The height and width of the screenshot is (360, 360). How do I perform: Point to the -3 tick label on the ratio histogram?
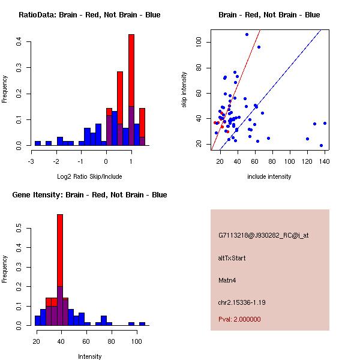tap(31, 160)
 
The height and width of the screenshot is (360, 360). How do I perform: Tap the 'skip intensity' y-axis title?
tap(185, 90)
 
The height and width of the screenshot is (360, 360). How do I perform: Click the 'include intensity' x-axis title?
tap(269, 176)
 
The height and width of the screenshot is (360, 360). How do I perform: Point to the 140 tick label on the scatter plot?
tap(325, 160)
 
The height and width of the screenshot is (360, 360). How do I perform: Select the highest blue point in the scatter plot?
tap(247, 34)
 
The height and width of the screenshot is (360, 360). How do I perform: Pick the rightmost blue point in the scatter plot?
tap(325, 123)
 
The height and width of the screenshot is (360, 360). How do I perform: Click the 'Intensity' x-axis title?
tap(89, 356)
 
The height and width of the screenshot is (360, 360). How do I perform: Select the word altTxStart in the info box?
tap(232, 258)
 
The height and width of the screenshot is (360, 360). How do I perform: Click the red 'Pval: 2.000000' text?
tap(240, 319)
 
